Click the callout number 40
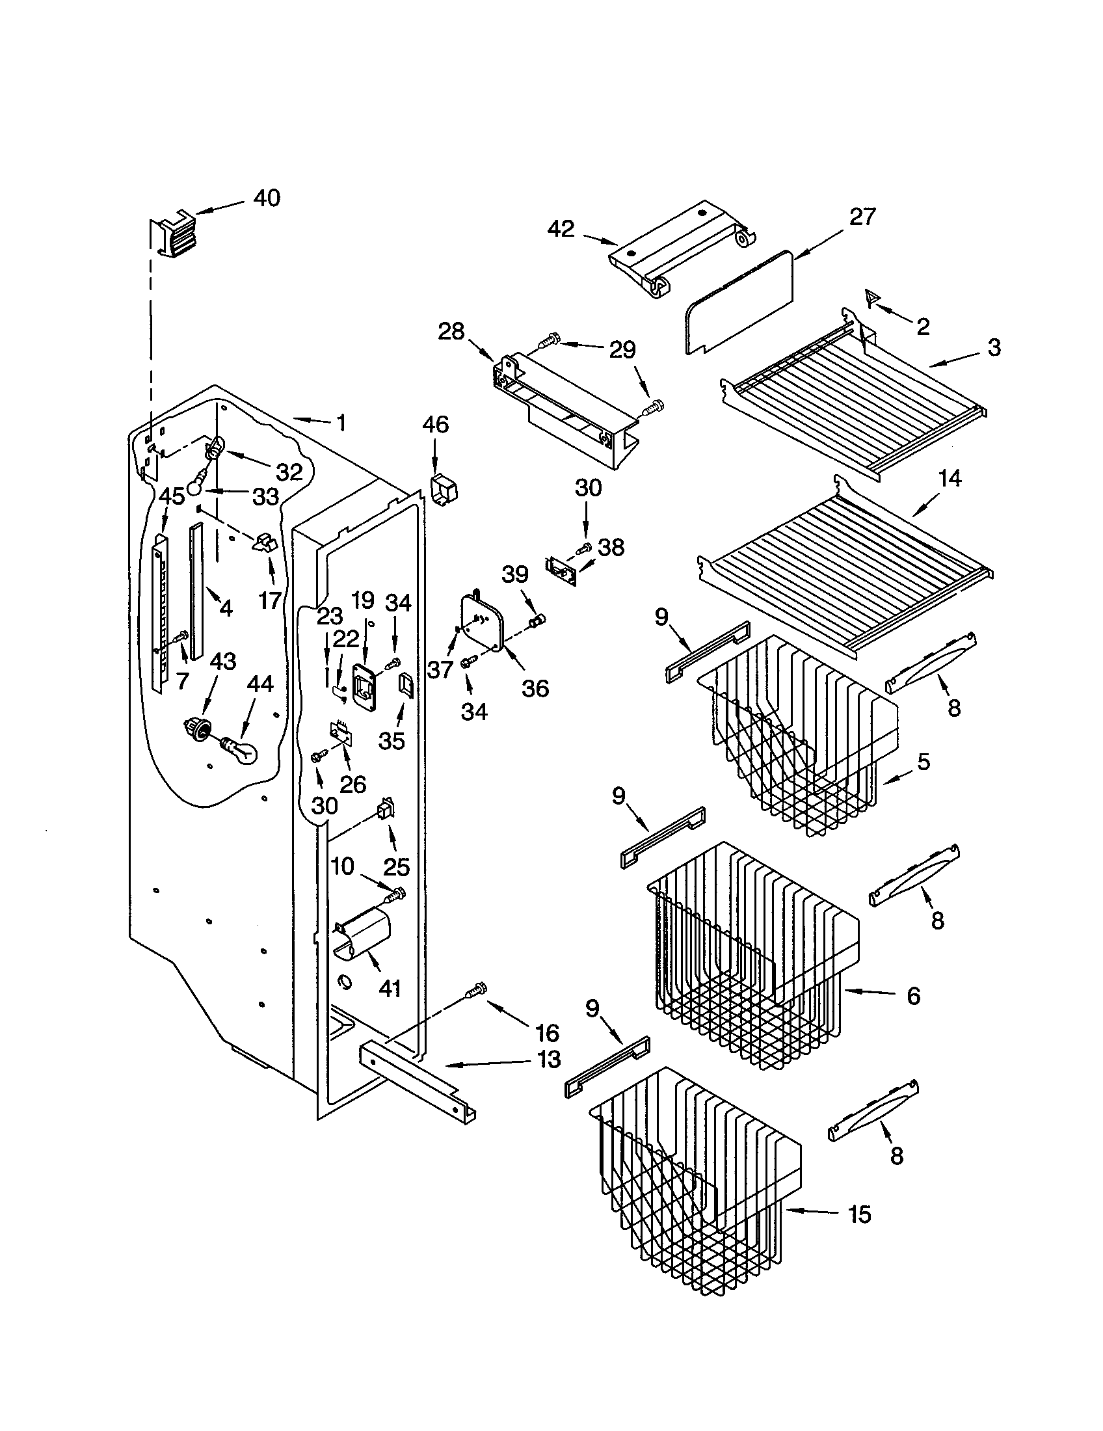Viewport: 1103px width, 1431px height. point(267,198)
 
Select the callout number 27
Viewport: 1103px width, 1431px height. point(862,217)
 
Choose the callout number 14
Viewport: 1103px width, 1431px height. point(949,479)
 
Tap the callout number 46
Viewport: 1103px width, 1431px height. point(436,425)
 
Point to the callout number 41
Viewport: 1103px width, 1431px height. point(390,988)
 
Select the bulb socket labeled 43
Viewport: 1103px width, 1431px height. point(197,727)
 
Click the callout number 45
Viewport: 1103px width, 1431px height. point(172,496)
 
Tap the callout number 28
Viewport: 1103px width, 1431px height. point(451,332)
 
